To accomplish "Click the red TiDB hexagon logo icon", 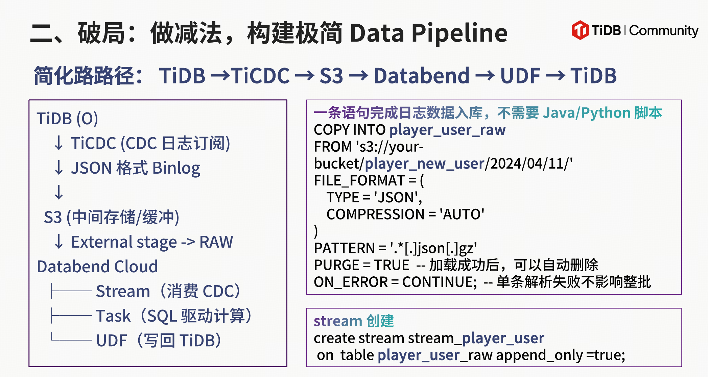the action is tap(580, 30).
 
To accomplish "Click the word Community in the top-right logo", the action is tap(664, 31).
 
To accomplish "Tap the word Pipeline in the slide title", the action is tap(459, 33).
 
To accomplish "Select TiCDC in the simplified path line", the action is tap(260, 75).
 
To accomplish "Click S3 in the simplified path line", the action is tap(331, 75).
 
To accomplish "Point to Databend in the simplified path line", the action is tap(422, 75).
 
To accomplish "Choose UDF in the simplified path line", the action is tap(520, 75).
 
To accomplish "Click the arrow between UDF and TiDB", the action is tap(556, 76).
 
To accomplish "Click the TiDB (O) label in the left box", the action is tap(67, 119).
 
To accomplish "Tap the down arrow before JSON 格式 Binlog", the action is tap(59, 168).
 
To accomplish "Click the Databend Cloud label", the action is tap(97, 267).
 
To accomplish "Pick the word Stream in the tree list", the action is tap(123, 291).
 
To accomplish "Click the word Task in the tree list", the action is tap(113, 316).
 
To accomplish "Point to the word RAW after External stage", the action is tap(216, 242).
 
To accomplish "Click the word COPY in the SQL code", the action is tap(331, 130).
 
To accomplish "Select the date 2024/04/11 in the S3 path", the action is tap(526, 164).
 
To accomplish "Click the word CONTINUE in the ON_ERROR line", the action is tap(439, 282).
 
